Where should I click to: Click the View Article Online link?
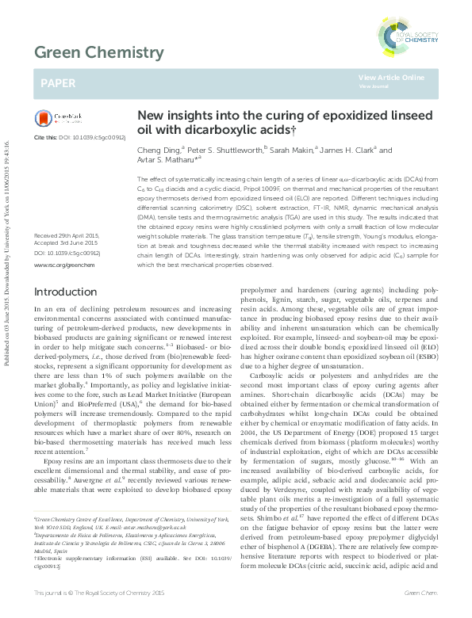[x=390, y=77]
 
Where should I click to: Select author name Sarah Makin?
[x=294, y=150]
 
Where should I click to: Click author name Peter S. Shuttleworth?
[x=224, y=150]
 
